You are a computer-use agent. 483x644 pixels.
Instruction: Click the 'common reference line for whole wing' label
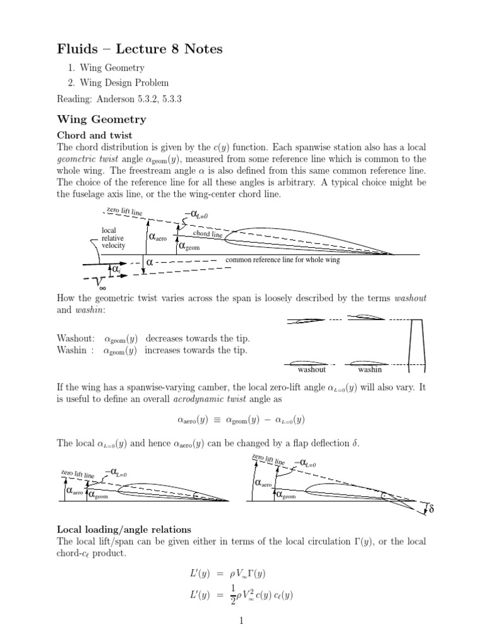point(282,260)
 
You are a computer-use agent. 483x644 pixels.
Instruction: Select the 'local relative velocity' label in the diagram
point(113,238)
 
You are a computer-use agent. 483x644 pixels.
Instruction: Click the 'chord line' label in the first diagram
point(208,235)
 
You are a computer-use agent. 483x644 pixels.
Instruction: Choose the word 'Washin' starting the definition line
point(71,350)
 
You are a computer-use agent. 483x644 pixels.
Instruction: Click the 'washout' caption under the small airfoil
point(311,369)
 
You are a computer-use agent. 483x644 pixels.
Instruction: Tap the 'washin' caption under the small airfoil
point(370,369)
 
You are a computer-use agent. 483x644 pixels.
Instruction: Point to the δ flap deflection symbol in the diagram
point(431,508)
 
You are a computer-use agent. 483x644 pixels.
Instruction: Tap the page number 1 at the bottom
point(240,621)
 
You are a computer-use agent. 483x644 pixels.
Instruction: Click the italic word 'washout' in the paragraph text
point(410,297)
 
